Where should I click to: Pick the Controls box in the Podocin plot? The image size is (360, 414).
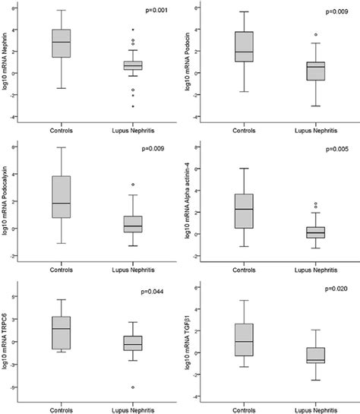click(245, 46)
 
